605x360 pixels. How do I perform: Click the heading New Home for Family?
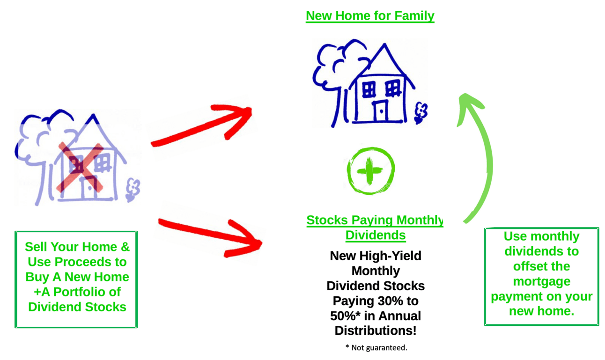[370, 16]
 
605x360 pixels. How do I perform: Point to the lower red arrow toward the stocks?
[211, 235]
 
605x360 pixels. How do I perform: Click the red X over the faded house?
[80, 168]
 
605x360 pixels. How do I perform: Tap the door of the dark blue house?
[381, 111]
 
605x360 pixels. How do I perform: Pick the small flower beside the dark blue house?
[421, 113]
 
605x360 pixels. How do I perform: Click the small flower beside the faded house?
[133, 190]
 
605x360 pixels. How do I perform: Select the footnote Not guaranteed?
[376, 347]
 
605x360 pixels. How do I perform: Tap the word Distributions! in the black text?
[376, 331]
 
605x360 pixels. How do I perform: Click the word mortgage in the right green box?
[542, 282]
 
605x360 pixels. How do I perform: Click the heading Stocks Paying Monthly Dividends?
[375, 228]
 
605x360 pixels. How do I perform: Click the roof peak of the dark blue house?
[384, 44]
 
